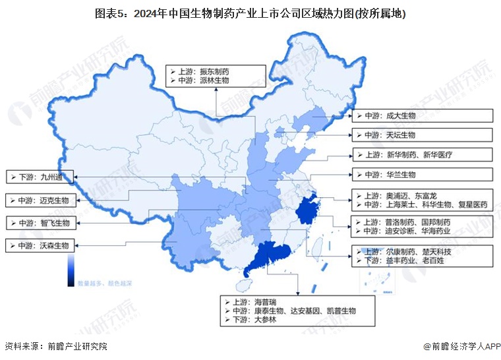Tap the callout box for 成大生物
[422, 115]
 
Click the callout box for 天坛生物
[422, 135]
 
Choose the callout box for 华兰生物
[422, 175]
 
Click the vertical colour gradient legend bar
[70, 271]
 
